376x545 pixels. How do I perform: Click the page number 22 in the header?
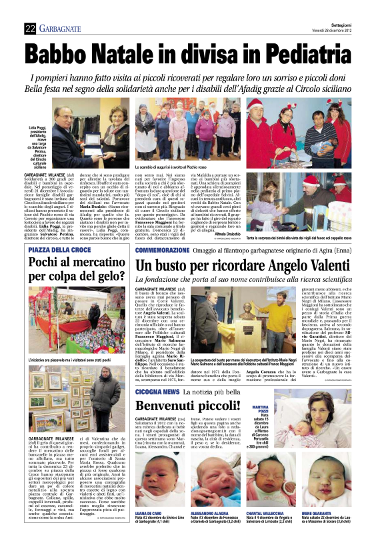pos(29,28)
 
